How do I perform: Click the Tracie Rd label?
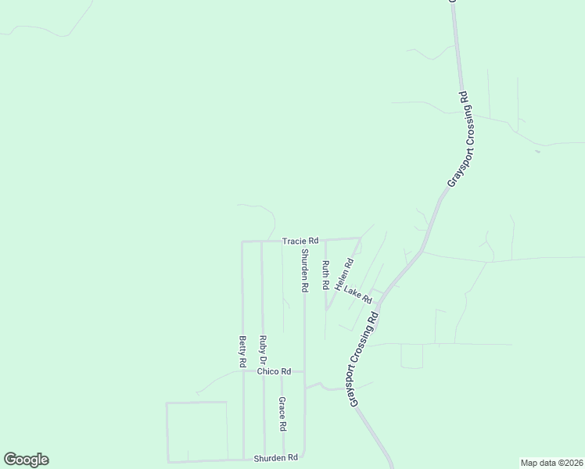(300, 241)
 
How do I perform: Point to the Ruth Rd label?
(325, 275)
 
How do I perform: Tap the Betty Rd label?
(242, 352)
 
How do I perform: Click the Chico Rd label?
(274, 371)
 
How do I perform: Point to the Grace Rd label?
(282, 414)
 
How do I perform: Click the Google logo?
(26, 460)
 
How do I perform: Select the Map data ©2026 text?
(551, 463)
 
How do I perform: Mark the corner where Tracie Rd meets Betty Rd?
(242, 242)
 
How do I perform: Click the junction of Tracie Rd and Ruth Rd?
(325, 240)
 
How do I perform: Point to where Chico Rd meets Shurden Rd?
(304, 372)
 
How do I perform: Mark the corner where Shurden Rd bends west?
(303, 456)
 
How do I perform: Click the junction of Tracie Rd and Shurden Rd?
(304, 241)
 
